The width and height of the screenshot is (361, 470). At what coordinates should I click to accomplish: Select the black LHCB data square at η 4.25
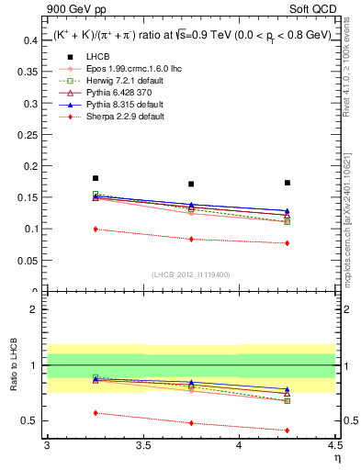coord(288,183)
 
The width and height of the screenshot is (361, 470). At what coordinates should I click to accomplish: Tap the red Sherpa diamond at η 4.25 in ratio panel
coord(288,430)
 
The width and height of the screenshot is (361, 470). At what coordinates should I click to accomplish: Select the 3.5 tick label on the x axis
coord(142,446)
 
